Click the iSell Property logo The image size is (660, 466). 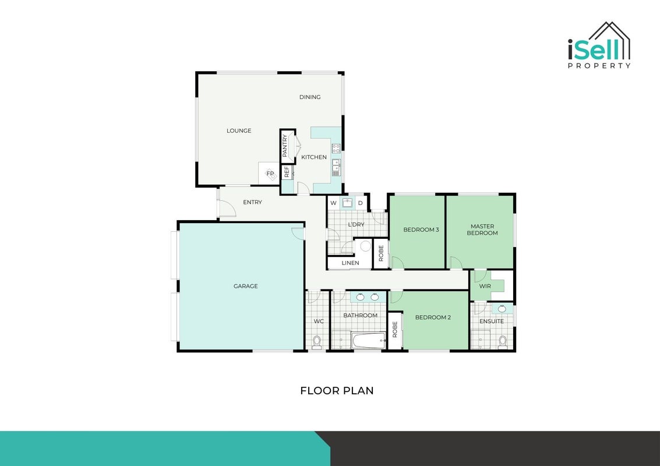pos(599,45)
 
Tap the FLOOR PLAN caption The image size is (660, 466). pos(337,391)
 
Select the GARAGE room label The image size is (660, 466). pos(246,286)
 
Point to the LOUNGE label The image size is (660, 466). pos(239,130)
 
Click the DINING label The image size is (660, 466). pos(310,97)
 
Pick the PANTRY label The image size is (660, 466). pos(285,146)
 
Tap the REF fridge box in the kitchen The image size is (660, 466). pos(287,172)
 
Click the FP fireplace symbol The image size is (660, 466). pos(270,174)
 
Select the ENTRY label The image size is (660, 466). pos(253,202)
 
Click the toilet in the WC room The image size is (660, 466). pos(316,342)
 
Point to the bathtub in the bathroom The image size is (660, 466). pos(369,341)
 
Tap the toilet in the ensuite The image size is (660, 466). pos(503,342)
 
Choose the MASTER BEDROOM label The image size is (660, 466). pos(482,230)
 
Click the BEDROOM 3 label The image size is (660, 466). pos(421,230)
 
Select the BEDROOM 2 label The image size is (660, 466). pos(433,317)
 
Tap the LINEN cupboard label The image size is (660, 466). pos(350,263)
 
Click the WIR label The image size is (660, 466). pos(485,286)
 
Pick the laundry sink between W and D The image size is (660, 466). pos(347,203)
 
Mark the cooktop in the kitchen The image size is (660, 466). pos(336,148)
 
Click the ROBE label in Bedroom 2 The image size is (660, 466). pos(395,330)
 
